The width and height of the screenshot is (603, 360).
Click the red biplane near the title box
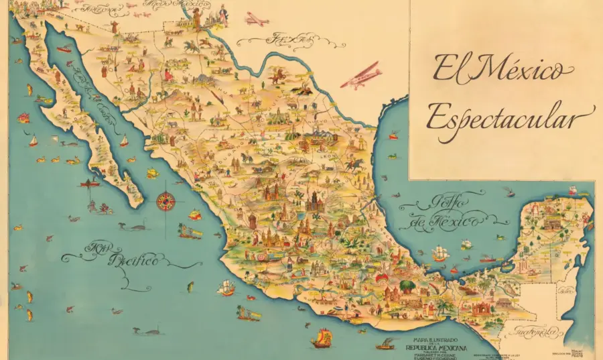[362, 76]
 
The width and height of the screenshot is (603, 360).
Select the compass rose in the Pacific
[165, 200]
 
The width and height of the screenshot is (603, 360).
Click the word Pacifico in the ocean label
[134, 259]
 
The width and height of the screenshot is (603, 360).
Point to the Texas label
[289, 41]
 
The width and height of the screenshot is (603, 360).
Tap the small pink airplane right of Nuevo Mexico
[256, 19]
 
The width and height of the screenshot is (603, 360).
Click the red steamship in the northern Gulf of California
[64, 49]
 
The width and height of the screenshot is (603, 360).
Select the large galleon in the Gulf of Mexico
[440, 253]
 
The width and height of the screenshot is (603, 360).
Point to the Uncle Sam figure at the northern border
[196, 18]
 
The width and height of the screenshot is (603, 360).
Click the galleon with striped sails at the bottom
[322, 338]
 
